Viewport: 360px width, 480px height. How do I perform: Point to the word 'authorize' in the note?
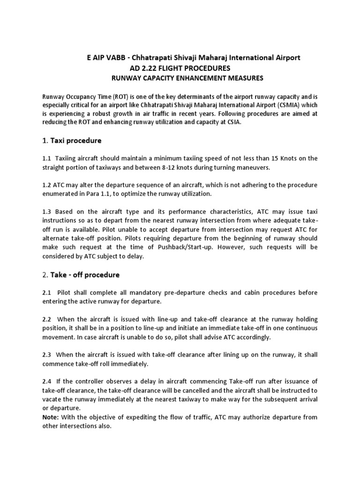259,416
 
